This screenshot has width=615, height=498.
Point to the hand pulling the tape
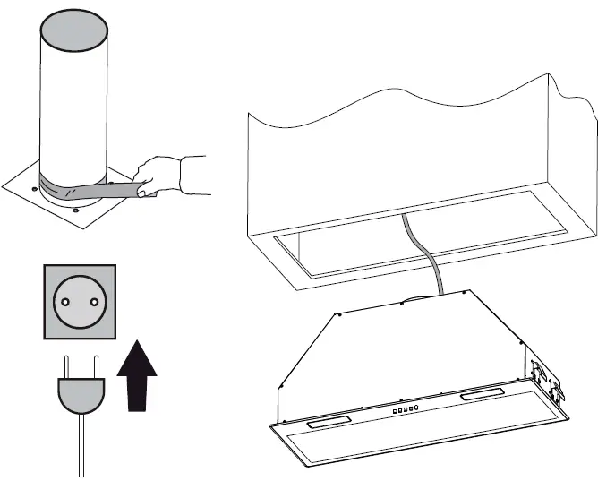[158, 175]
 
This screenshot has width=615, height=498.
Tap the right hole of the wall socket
[91, 301]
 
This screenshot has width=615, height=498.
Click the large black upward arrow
[137, 375]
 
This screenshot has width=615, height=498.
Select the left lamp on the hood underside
[326, 418]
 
